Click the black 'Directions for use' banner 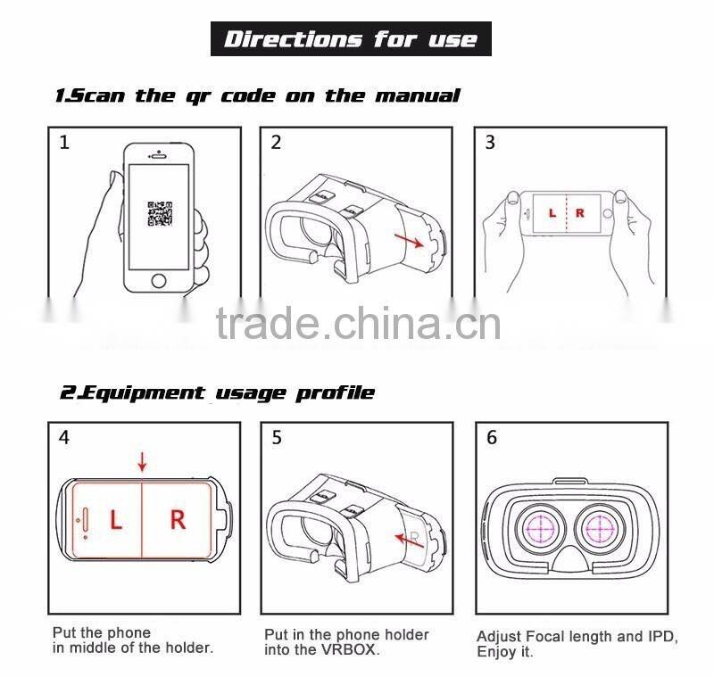pyautogui.click(x=351, y=39)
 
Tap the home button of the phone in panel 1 pyautogui.click(x=159, y=280)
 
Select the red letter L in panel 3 pyautogui.click(x=552, y=213)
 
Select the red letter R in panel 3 pyautogui.click(x=580, y=213)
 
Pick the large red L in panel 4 pyautogui.click(x=115, y=519)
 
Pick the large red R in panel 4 pyautogui.click(x=178, y=519)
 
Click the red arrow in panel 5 pyautogui.click(x=410, y=538)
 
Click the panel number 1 pyautogui.click(x=64, y=143)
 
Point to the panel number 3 pyautogui.click(x=490, y=143)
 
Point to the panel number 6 pyautogui.click(x=492, y=438)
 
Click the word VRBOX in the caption pyautogui.click(x=349, y=651)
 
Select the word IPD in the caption pyautogui.click(x=655, y=636)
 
